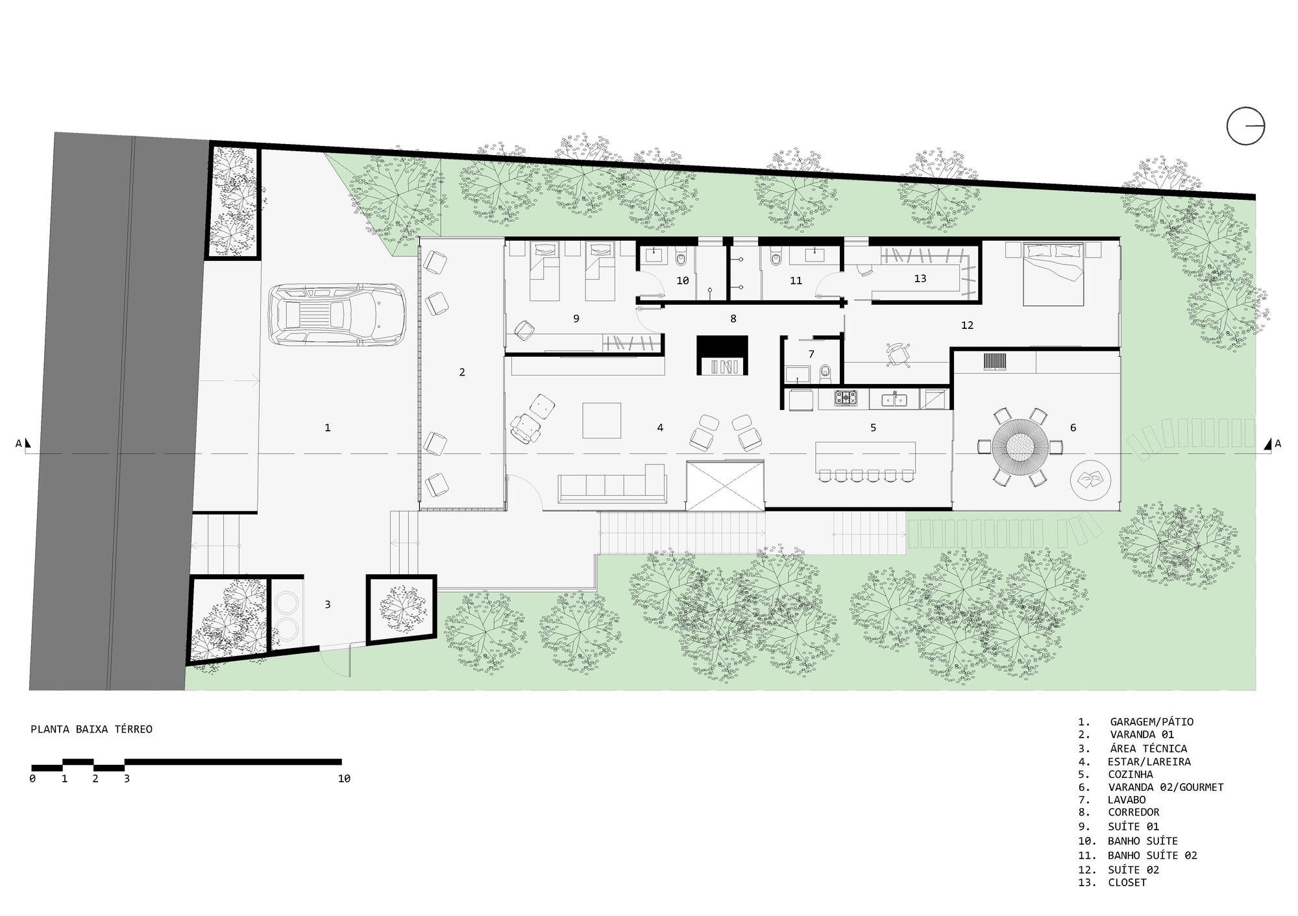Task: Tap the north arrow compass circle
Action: pos(1245,126)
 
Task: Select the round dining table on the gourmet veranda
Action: pos(1020,446)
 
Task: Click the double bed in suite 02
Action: pos(1053,273)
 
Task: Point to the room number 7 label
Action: pos(811,354)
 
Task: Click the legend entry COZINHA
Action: pos(1130,774)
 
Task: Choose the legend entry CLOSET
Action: pos(1127,882)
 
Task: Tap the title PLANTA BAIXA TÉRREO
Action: pos(92,729)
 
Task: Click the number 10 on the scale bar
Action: pos(344,778)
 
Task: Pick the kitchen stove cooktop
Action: pos(846,398)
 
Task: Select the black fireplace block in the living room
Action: pos(722,354)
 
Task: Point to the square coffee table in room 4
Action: pos(601,420)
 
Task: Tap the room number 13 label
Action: pos(920,278)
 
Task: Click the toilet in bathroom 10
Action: pos(681,259)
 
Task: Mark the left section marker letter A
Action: pos(19,444)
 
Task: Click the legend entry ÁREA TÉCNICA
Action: pos(1148,748)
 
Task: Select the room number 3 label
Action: pos(328,604)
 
